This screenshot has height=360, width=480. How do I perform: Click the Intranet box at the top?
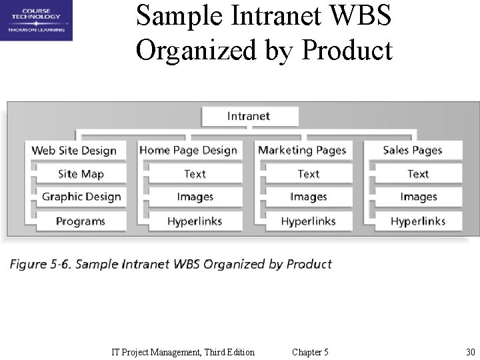[249, 116]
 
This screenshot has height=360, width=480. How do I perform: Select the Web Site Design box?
[74, 151]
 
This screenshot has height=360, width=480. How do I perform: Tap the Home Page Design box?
[189, 151]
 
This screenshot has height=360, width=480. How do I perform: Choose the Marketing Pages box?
[302, 151]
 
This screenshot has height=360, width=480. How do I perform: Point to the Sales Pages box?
[413, 151]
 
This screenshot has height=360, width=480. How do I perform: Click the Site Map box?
[81, 174]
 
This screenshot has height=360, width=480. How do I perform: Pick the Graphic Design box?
[81, 197]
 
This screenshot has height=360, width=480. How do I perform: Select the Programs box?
[81, 221]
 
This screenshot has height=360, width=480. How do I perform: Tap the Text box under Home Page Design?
[195, 174]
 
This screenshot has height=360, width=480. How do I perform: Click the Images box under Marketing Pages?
[308, 197]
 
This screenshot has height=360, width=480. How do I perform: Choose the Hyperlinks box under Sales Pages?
[418, 221]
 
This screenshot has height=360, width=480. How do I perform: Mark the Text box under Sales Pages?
[418, 174]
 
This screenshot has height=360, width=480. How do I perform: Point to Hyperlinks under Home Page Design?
[195, 221]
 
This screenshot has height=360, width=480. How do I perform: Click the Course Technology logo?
[36, 21]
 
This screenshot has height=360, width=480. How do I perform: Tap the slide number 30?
[470, 352]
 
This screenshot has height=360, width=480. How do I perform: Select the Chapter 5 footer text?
[310, 352]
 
